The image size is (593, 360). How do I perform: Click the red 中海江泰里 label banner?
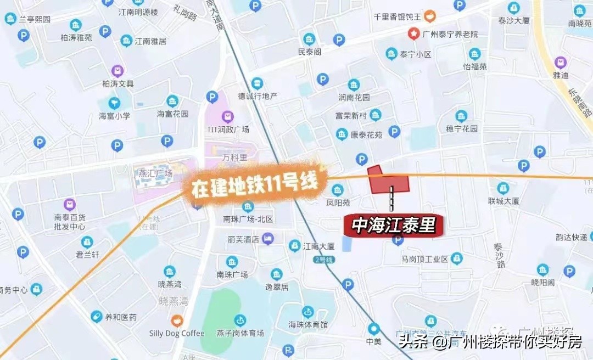(393, 225)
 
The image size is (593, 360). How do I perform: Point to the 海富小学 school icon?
(114, 103)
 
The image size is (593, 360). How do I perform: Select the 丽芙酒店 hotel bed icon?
(267, 239)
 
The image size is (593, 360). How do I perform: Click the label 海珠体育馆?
(308, 324)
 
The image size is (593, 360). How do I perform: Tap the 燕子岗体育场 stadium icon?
(240, 320)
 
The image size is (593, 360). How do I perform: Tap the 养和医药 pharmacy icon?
(97, 317)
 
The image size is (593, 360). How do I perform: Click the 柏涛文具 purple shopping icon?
(118, 71)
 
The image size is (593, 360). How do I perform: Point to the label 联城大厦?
(504, 201)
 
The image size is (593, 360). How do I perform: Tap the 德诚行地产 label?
(258, 96)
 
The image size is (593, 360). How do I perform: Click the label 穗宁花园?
(462, 129)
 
